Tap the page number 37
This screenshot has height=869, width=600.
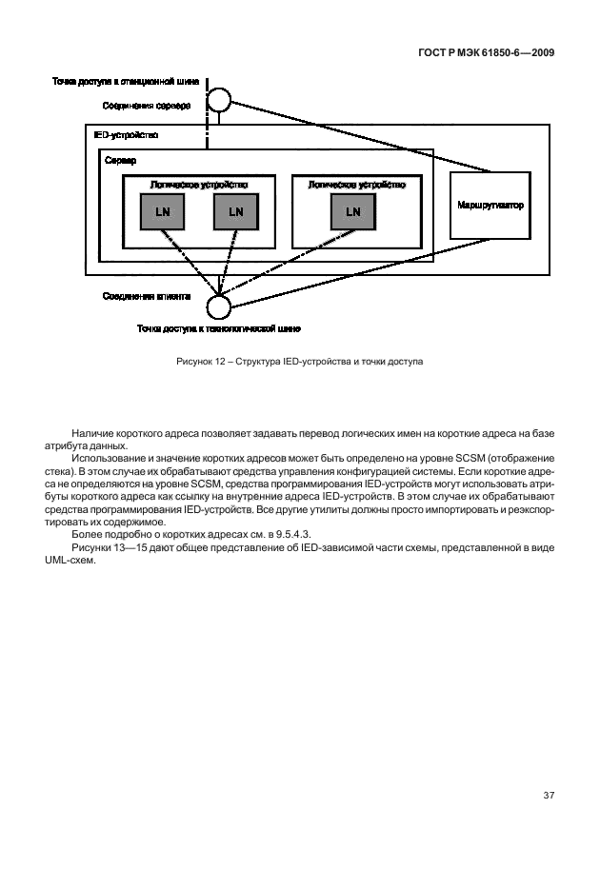(x=548, y=796)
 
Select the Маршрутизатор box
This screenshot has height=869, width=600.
(x=490, y=206)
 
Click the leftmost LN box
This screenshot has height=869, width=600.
(x=163, y=211)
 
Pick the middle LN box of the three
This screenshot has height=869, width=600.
(x=235, y=211)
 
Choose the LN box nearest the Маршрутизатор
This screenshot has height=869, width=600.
(x=353, y=211)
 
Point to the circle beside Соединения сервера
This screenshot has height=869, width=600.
(x=218, y=100)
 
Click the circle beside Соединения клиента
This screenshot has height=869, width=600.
(x=219, y=306)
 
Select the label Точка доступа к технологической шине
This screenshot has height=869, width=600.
(x=218, y=330)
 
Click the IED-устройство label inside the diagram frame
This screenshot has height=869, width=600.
(x=126, y=135)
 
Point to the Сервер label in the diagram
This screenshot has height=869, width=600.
(x=121, y=161)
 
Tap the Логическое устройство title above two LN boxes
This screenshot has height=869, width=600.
(x=199, y=184)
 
